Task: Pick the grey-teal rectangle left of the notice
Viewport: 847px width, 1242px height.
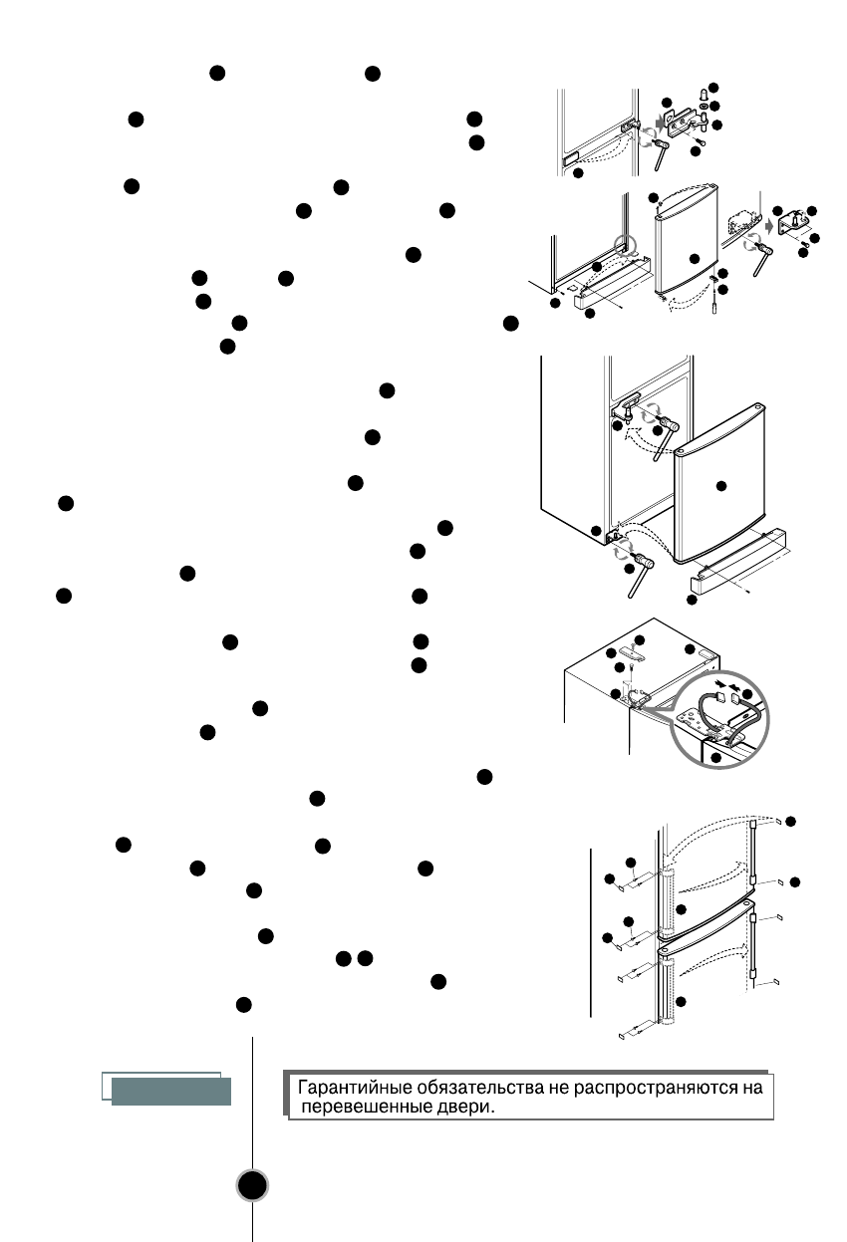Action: click(x=171, y=1091)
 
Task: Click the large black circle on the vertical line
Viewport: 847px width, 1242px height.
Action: click(x=254, y=1184)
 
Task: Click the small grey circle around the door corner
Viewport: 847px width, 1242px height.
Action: click(x=626, y=242)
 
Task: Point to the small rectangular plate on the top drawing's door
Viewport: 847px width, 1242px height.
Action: click(x=570, y=158)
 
